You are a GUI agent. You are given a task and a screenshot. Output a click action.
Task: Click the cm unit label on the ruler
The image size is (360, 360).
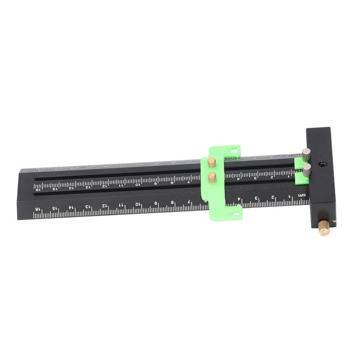302,194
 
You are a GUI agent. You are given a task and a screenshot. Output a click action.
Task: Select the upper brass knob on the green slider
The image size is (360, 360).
212,161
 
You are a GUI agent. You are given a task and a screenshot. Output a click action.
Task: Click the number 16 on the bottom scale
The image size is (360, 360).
37,210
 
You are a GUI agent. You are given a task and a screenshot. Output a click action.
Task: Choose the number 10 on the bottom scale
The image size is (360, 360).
138,204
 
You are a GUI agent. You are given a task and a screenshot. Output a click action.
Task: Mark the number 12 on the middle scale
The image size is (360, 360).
104,186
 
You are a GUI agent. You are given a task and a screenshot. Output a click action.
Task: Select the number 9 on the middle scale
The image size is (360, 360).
155,183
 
